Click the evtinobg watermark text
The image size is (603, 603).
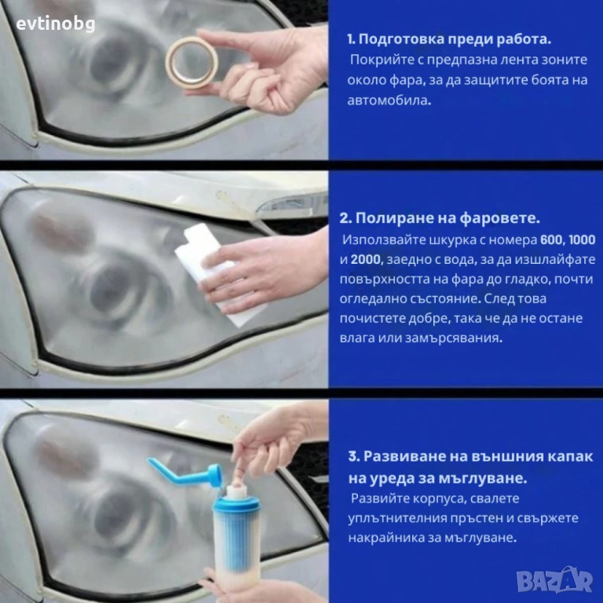(56, 24)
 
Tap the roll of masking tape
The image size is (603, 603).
(192, 62)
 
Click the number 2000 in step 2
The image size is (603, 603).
(367, 260)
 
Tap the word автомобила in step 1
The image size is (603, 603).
(389, 100)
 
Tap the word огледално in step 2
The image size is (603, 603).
(371, 299)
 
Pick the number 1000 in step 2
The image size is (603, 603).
(582, 239)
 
